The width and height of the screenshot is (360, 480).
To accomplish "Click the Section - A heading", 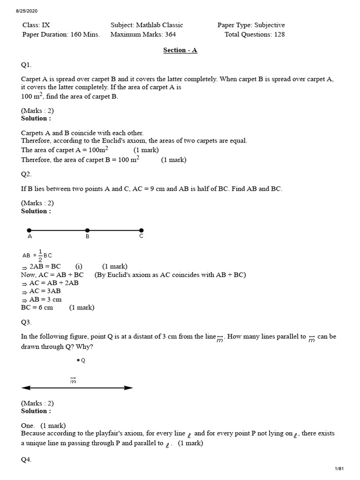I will coord(180,50).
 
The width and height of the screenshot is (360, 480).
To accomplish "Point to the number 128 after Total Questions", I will coord(279,34).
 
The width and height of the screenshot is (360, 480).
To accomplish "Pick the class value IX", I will coord(46,25).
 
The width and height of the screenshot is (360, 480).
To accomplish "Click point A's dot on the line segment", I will coord(29,230).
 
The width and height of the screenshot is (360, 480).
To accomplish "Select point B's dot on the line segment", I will coord(87,230).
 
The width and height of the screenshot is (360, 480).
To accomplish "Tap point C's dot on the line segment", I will coord(142,230).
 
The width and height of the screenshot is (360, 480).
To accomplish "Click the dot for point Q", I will coord(78,360).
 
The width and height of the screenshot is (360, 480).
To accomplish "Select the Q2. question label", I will coord(26,174).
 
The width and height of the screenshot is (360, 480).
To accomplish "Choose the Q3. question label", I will coord(26,322).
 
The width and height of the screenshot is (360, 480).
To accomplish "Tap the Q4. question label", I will coord(26,460).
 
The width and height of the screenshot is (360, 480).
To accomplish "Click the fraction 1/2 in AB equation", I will coord(40,255).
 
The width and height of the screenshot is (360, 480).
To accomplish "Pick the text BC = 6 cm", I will coord(37,307).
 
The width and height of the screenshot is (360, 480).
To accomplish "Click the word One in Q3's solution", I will coord(28,425).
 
